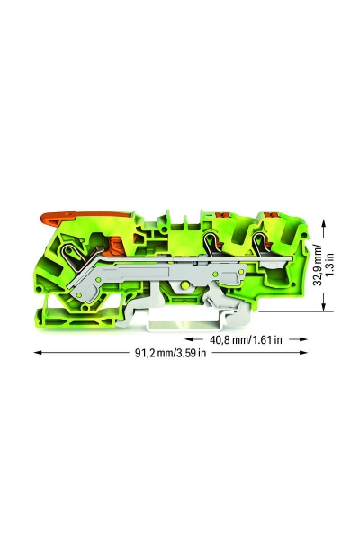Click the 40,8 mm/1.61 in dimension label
(246, 340)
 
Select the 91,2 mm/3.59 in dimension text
(170, 353)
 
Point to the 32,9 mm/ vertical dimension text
(319, 265)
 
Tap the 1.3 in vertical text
(330, 265)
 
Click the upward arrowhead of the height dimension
(324, 224)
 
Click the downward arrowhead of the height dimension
(324, 306)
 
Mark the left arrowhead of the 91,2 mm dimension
(38, 352)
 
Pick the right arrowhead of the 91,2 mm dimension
(303, 352)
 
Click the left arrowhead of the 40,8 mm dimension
(190, 339)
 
